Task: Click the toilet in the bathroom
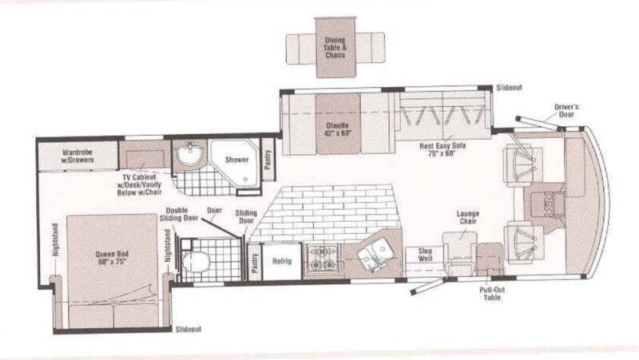click(195, 262)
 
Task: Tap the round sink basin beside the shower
click(189, 153)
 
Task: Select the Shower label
click(236, 160)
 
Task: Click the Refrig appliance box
click(282, 261)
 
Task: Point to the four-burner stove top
click(323, 259)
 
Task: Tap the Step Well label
click(425, 255)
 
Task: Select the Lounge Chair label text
click(468, 217)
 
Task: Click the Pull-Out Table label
click(492, 294)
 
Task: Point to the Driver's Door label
click(566, 111)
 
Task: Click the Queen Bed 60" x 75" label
click(112, 257)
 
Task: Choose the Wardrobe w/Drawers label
click(77, 156)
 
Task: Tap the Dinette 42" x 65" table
click(338, 125)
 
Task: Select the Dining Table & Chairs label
click(335, 48)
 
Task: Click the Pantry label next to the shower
click(268, 160)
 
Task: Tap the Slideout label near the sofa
click(509, 88)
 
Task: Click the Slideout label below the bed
click(189, 329)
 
